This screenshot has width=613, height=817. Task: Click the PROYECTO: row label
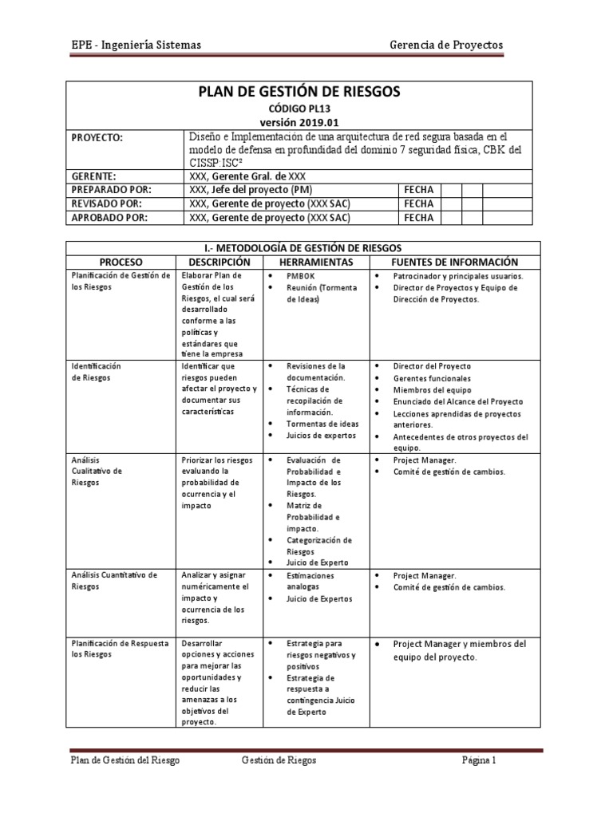[98, 138]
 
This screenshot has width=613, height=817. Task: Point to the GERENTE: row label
[94, 176]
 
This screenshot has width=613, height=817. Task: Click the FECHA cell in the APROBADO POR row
[419, 217]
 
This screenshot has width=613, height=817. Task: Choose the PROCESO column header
[122, 262]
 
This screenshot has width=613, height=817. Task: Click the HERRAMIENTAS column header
[317, 262]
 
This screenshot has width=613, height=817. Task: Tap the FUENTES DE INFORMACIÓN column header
[454, 262]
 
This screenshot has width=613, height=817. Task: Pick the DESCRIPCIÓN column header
[219, 262]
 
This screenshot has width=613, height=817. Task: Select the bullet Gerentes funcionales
[432, 378]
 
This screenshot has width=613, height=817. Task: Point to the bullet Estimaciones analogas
[311, 581]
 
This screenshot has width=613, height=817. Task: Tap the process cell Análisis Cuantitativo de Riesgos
[115, 580]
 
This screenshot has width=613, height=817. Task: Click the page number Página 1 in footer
[479, 760]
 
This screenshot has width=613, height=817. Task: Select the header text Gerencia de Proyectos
[445, 45]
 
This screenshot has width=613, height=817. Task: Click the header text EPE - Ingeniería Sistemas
[136, 45]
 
